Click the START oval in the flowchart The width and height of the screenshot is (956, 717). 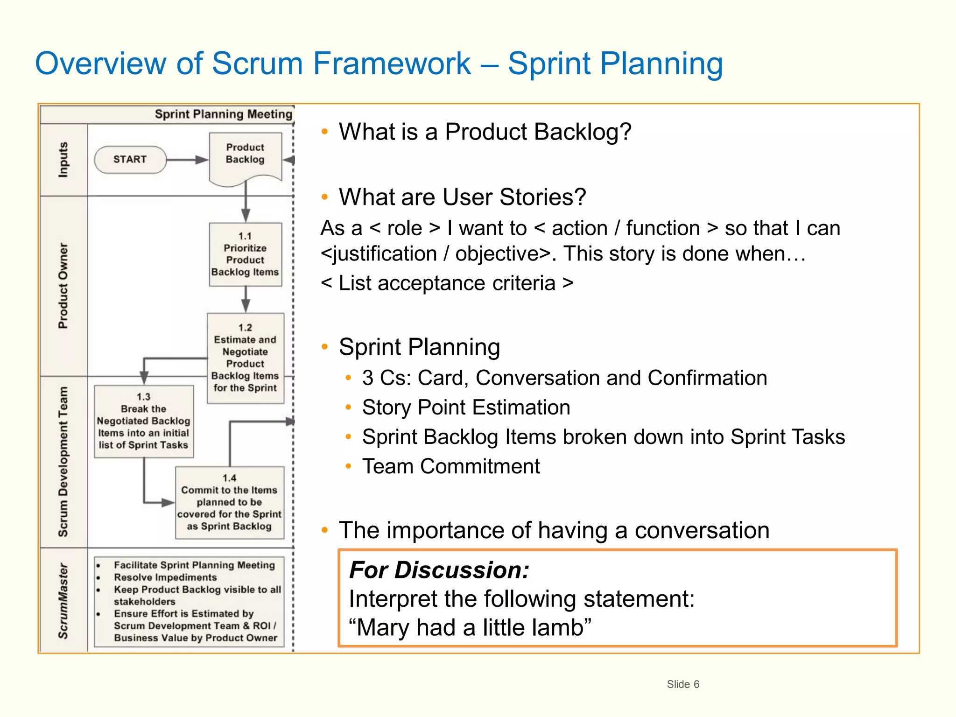[x=130, y=160]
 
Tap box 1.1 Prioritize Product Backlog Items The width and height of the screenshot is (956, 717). [x=245, y=254]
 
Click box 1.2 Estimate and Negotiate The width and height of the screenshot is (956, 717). [x=245, y=358]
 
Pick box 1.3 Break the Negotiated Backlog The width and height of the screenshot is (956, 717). [x=143, y=422]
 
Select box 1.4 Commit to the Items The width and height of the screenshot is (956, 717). [x=229, y=503]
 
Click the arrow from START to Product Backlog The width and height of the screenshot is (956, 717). [x=187, y=160]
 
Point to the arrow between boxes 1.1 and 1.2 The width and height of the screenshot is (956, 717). [x=246, y=299]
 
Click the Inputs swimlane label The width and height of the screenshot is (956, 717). [x=63, y=160]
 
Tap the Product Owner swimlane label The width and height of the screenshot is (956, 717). [x=63, y=286]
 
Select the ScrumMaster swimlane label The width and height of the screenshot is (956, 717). [x=63, y=601]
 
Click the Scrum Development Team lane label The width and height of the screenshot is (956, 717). [x=63, y=462]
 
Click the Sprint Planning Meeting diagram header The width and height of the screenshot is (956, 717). [x=223, y=114]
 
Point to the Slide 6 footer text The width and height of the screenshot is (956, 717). [x=682, y=684]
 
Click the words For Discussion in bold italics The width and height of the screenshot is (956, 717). [x=439, y=570]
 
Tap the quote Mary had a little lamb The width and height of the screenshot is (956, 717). [x=470, y=627]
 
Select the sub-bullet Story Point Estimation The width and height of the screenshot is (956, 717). [x=466, y=408]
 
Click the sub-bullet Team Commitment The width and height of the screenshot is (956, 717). [x=451, y=466]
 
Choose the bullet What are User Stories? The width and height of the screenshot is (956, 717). [x=462, y=197]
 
